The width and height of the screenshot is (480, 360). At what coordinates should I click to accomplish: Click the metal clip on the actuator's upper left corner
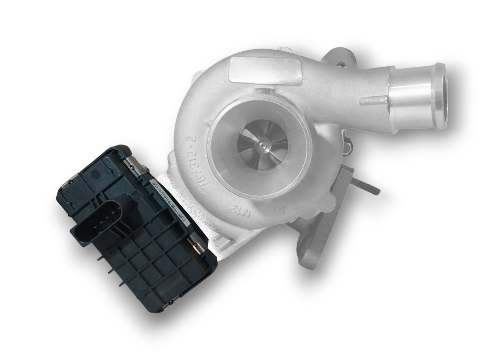point(72,183)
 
